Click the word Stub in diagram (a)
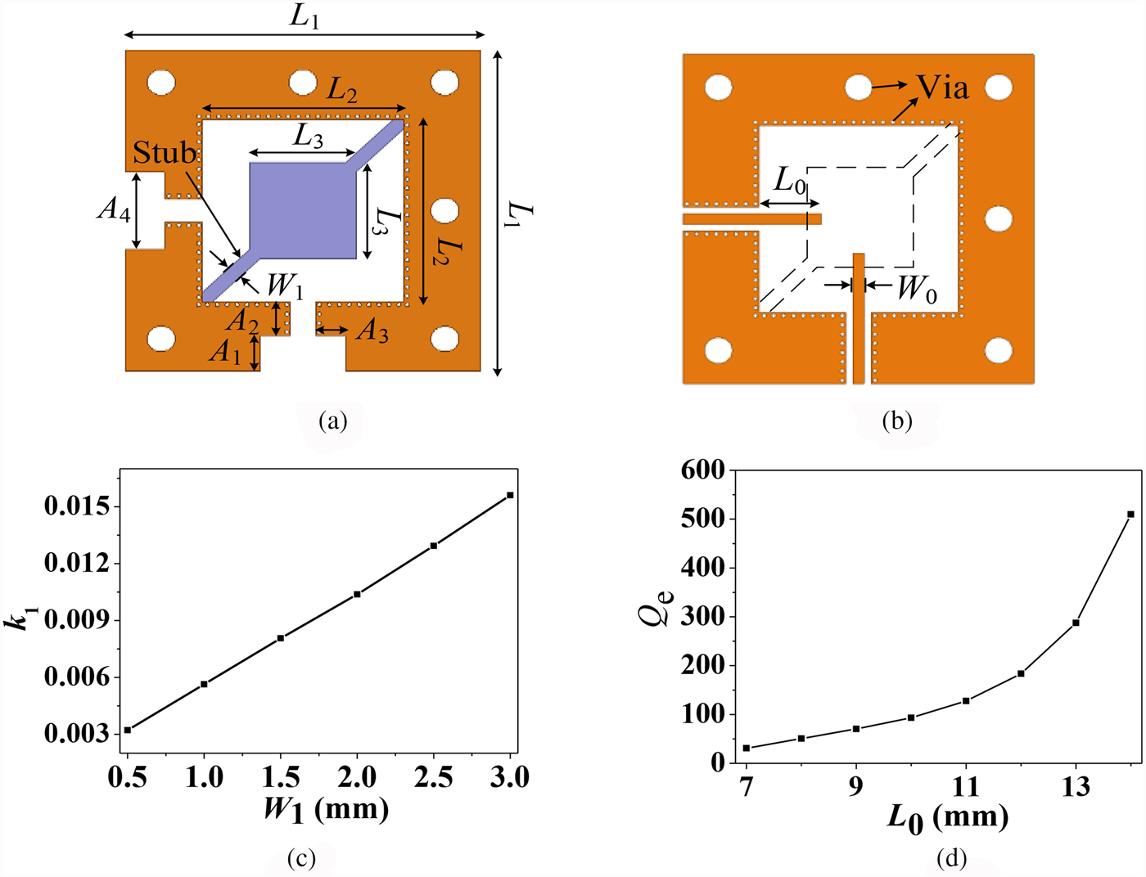[x=165, y=153]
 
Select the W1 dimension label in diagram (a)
[x=286, y=286]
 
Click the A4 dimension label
[x=113, y=210]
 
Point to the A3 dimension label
[x=372, y=331]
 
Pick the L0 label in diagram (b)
[x=790, y=181]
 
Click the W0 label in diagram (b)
[x=917, y=290]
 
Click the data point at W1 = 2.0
[x=357, y=594]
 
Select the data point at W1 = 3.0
[x=511, y=495]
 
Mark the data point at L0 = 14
[x=1131, y=515]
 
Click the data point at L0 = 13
[x=1076, y=623]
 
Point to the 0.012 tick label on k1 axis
[x=76, y=563]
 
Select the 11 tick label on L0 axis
[x=966, y=787]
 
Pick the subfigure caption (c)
[x=301, y=858]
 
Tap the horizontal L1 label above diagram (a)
[x=304, y=17]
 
